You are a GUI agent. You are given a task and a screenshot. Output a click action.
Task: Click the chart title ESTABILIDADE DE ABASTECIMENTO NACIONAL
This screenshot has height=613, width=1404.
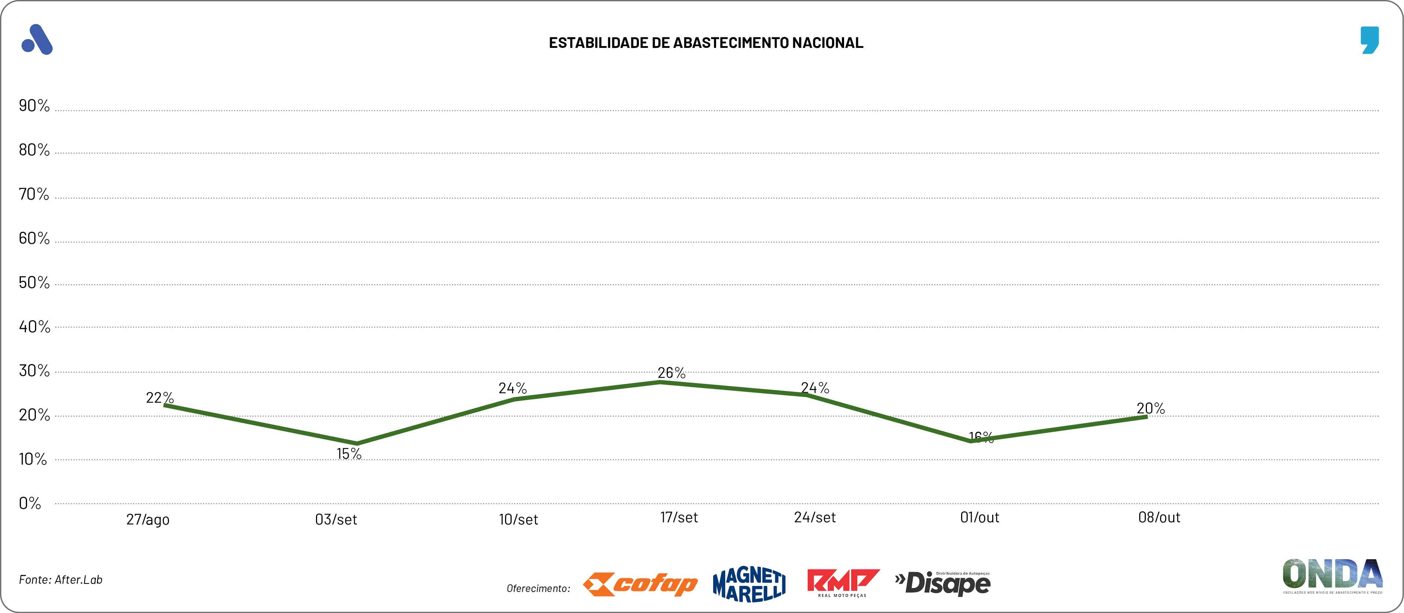pos(706,43)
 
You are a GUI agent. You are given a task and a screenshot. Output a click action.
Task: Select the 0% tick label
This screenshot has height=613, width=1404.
pos(30,503)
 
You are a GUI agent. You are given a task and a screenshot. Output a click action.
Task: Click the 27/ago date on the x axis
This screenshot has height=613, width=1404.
pos(148,519)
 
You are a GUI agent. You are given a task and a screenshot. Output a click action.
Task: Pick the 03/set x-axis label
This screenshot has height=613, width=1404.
pos(336,519)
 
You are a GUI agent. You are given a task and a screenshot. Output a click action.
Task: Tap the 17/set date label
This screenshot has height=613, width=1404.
pos(678,517)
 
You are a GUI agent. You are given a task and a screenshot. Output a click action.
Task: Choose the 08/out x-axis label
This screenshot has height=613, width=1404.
pos(1159,517)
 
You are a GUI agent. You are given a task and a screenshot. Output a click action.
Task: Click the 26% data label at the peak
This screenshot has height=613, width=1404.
pos(671,373)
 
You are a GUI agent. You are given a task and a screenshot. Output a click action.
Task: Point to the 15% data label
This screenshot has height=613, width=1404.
pos(349,453)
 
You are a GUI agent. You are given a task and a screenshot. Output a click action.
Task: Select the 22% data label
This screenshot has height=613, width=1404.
pos(160,398)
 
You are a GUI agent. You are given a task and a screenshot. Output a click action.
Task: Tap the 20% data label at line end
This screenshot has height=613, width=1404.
pos(1151,408)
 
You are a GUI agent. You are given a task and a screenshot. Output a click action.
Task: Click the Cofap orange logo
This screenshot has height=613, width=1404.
pos(640,584)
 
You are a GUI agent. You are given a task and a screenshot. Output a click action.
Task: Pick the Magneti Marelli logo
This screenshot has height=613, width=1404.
pos(749,584)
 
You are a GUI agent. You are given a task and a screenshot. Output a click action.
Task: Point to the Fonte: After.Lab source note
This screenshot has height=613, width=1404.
pos(60,580)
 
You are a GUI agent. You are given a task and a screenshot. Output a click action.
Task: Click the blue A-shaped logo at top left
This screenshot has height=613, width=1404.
pos(37,40)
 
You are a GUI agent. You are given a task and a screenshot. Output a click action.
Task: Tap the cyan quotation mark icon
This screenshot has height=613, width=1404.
pos(1369,40)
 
